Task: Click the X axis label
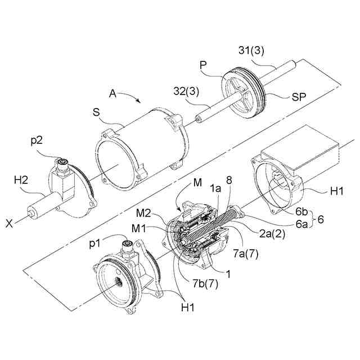point(10,223)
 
